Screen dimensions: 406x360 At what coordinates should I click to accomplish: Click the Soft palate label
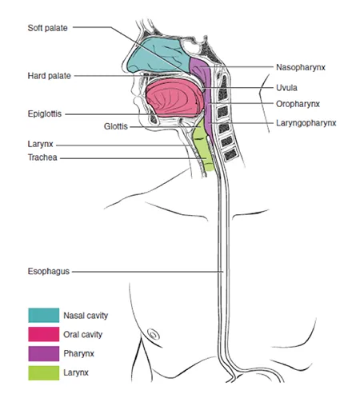(47, 27)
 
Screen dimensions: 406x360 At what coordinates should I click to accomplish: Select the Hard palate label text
(48, 76)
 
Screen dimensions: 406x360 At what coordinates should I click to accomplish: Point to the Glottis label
(116, 126)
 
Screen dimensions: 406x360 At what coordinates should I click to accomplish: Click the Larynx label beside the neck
(39, 145)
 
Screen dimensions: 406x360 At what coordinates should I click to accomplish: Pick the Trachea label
(42, 157)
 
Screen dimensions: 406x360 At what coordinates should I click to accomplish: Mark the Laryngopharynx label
(306, 123)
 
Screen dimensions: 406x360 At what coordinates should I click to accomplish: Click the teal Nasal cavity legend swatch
(43, 316)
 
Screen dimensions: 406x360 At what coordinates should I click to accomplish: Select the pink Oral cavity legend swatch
(43, 334)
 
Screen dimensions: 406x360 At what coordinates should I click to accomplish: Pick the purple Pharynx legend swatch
(43, 352)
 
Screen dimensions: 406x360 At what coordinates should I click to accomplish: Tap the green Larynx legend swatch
(43, 372)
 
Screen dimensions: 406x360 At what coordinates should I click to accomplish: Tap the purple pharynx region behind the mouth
(210, 104)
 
